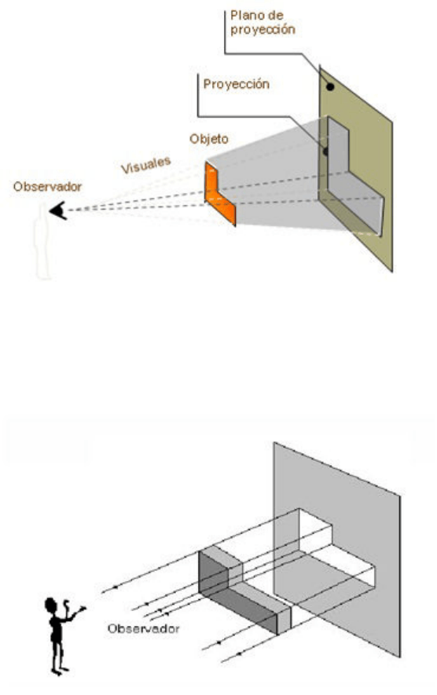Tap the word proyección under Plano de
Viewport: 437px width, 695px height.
click(x=263, y=30)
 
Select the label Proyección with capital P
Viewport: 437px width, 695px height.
click(x=236, y=84)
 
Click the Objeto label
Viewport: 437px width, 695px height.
click(x=209, y=139)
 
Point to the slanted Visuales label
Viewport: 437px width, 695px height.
click(x=146, y=165)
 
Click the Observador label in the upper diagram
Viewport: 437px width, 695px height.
click(x=47, y=187)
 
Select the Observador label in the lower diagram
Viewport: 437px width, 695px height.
click(x=143, y=628)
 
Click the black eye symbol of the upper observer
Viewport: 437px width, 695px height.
click(x=58, y=210)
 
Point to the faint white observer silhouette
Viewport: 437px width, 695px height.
click(x=42, y=242)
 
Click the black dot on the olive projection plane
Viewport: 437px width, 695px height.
click(x=330, y=87)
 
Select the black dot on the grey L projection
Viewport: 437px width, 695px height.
click(x=325, y=152)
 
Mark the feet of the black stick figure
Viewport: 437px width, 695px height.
click(x=60, y=671)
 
